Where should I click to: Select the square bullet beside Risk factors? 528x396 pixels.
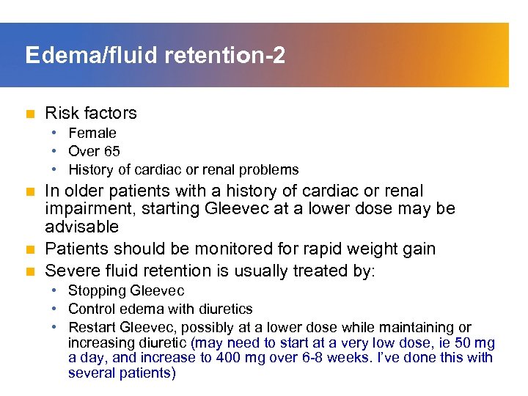(x=29, y=114)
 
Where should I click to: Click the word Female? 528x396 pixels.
(x=92, y=133)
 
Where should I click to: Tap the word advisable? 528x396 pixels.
(x=81, y=227)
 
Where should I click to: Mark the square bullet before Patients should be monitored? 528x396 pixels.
(x=29, y=249)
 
